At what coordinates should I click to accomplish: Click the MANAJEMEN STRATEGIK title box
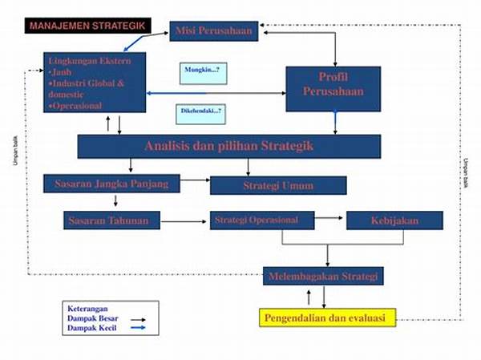pos(88,26)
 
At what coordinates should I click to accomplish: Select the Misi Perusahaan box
pos(214,32)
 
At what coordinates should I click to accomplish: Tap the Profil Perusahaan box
pos(334,84)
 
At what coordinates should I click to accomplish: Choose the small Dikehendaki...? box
pos(200,114)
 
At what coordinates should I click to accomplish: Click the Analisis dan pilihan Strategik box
pos(229,146)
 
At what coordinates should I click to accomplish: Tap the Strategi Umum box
pos(278,186)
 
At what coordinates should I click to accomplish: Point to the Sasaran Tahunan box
pos(111,220)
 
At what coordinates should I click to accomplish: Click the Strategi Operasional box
pos(256,220)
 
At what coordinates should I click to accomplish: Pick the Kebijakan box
pos(394,220)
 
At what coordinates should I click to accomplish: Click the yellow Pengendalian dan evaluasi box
pos(327,318)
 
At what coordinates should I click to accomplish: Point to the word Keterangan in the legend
pos(87,309)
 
